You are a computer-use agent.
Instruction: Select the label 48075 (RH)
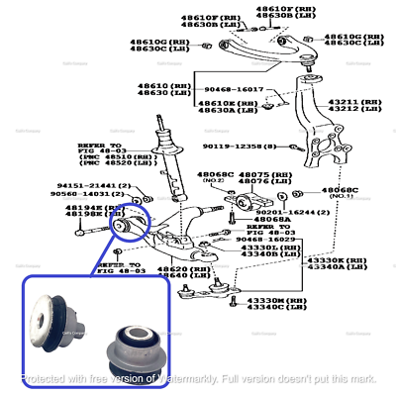coord(273,172)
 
